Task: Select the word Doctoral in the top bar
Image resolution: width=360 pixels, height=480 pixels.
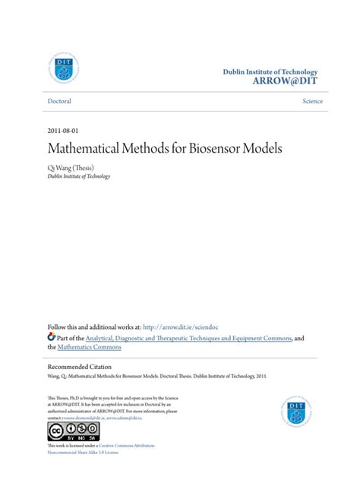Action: (x=60, y=101)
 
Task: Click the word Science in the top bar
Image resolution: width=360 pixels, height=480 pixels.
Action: (x=311, y=101)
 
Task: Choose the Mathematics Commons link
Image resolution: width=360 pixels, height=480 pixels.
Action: (x=90, y=347)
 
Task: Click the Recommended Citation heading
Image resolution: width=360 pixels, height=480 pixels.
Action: (x=86, y=365)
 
